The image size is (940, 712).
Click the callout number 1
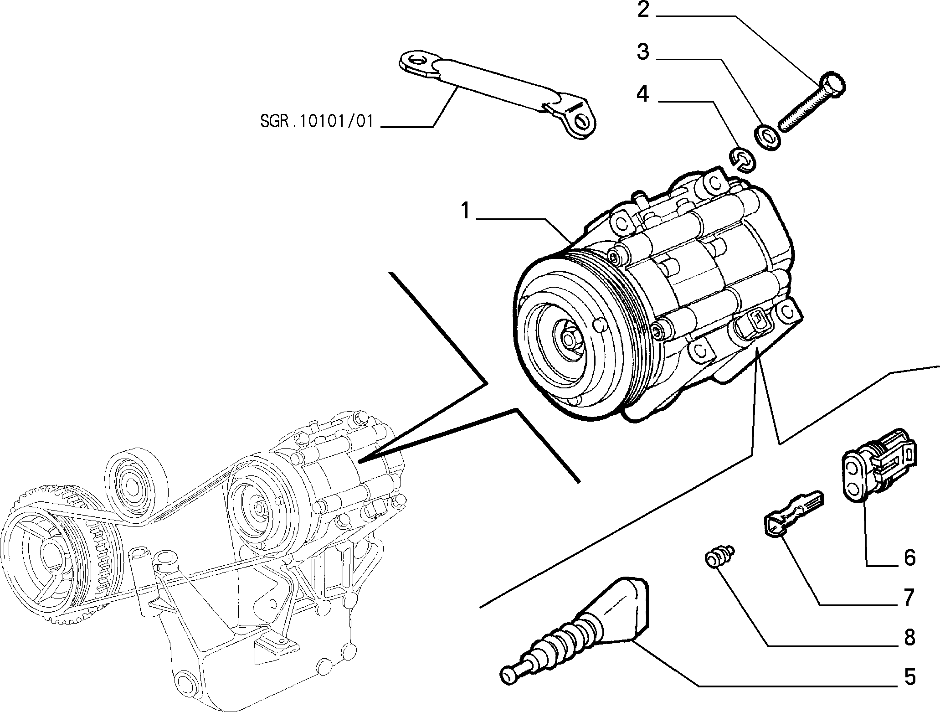pyautogui.click(x=465, y=212)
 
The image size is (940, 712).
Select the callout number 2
pyautogui.click(x=643, y=10)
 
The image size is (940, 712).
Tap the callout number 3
pyautogui.click(x=643, y=52)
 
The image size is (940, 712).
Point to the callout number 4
pyautogui.click(x=642, y=94)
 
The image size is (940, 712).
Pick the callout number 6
pyautogui.click(x=909, y=557)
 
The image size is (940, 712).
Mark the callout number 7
pyautogui.click(x=909, y=598)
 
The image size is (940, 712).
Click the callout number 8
pyautogui.click(x=909, y=638)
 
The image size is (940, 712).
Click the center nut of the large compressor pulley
pyautogui.click(x=569, y=339)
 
